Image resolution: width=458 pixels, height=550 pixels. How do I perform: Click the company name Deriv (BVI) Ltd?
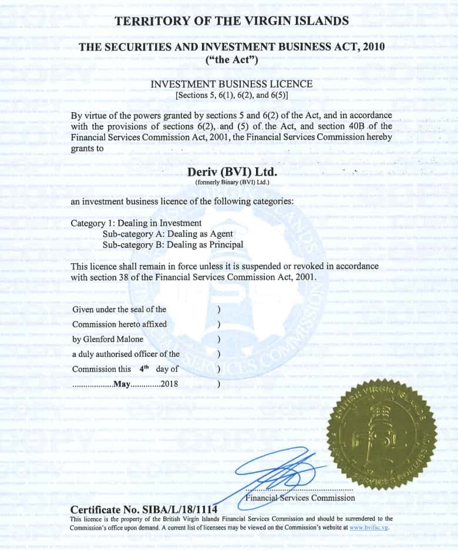(x=231, y=172)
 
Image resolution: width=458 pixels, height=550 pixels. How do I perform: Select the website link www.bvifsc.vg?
(x=369, y=528)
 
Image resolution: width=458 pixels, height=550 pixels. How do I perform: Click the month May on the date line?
(x=121, y=384)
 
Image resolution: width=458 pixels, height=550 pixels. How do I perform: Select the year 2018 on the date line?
(x=169, y=384)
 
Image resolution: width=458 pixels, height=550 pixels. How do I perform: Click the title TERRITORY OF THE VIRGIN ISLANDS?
(x=231, y=21)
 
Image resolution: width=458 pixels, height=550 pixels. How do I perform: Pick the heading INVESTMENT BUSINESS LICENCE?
(x=231, y=84)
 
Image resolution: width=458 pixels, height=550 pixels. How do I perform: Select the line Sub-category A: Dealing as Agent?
(x=167, y=234)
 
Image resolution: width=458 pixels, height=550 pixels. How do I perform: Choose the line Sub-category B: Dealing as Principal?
(x=173, y=244)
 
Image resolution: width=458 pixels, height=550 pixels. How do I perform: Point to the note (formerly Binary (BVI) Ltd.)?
(x=231, y=183)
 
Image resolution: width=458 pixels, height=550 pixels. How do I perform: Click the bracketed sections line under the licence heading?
(x=231, y=95)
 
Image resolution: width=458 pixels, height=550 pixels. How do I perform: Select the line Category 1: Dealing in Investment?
(x=136, y=223)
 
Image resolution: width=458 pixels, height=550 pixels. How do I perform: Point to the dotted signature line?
(x=299, y=489)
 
